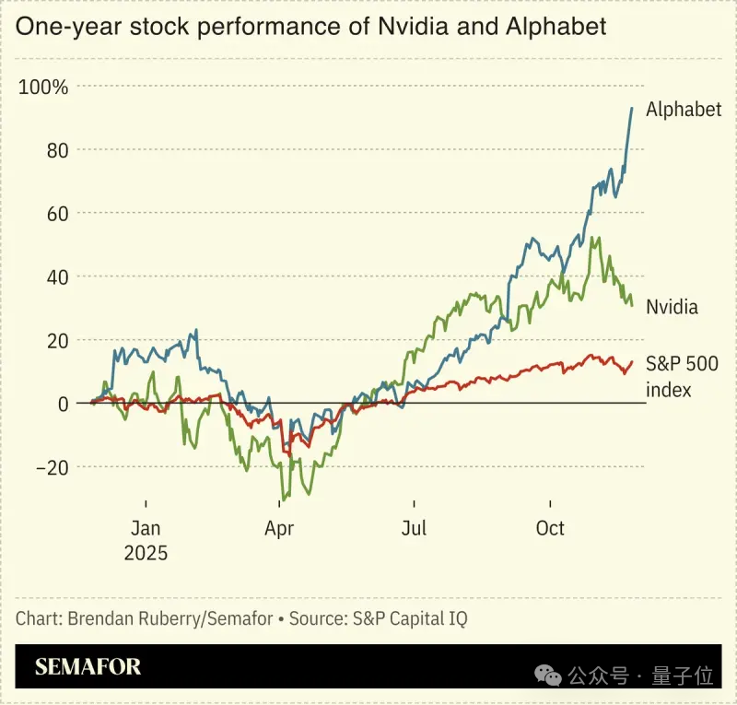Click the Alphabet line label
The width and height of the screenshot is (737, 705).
point(683,110)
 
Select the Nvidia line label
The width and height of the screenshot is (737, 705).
point(672,307)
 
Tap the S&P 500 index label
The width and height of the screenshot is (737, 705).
point(683,376)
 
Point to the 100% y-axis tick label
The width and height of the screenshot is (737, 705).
point(43,88)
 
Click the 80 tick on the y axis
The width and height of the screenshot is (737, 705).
point(57,150)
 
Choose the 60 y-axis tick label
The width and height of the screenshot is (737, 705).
point(57,214)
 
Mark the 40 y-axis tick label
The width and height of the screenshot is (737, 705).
point(57,276)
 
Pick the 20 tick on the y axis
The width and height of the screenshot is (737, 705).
point(57,340)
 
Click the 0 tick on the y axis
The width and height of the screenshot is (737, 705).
point(64,404)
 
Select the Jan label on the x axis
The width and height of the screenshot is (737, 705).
point(146,528)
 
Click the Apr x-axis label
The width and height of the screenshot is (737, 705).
point(279,528)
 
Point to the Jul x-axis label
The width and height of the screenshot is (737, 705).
point(414,528)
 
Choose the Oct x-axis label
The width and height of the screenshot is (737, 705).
point(550,528)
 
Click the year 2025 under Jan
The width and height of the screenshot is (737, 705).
point(146,553)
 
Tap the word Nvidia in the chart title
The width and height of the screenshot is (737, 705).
point(405,26)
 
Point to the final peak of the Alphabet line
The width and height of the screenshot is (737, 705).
point(632,108)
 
